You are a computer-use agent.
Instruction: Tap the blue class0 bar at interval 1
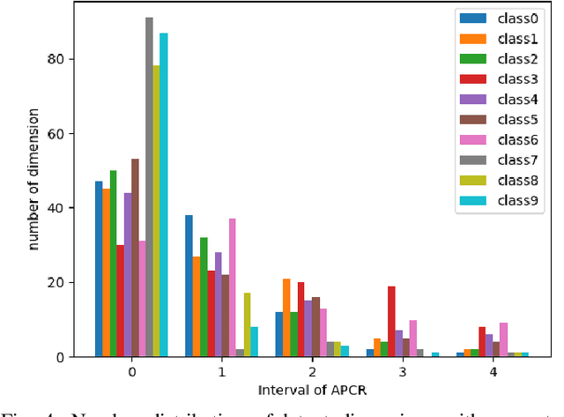pyautogui.click(x=189, y=286)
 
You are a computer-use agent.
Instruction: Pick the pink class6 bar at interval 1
pyautogui.click(x=233, y=287)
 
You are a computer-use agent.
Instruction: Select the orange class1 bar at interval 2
pyautogui.click(x=286, y=317)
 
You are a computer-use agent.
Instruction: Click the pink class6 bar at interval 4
pyautogui.click(x=503, y=339)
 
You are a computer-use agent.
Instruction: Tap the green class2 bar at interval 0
pyautogui.click(x=113, y=264)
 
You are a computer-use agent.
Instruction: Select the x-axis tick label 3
pyautogui.click(x=402, y=372)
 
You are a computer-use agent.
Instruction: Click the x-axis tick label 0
pyautogui.click(x=131, y=372)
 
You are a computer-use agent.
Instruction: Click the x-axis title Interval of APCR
pyautogui.click(x=312, y=389)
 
